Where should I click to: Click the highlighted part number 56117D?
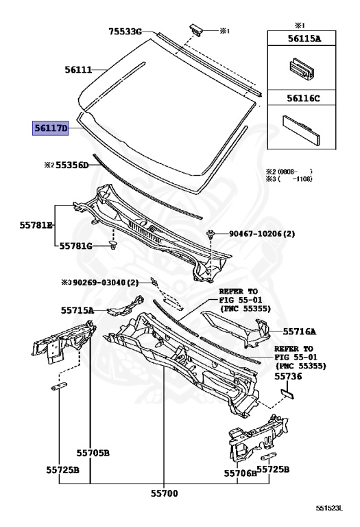(x=50, y=128)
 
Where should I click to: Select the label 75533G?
(x=125, y=32)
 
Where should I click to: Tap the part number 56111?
(x=78, y=69)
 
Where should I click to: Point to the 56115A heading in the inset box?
(x=304, y=38)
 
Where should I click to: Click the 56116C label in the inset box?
(x=303, y=98)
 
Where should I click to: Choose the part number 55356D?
(x=72, y=165)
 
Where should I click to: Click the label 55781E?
(x=36, y=225)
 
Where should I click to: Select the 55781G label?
(x=75, y=246)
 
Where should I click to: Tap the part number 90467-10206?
(x=255, y=233)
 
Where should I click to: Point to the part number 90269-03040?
(x=99, y=283)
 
